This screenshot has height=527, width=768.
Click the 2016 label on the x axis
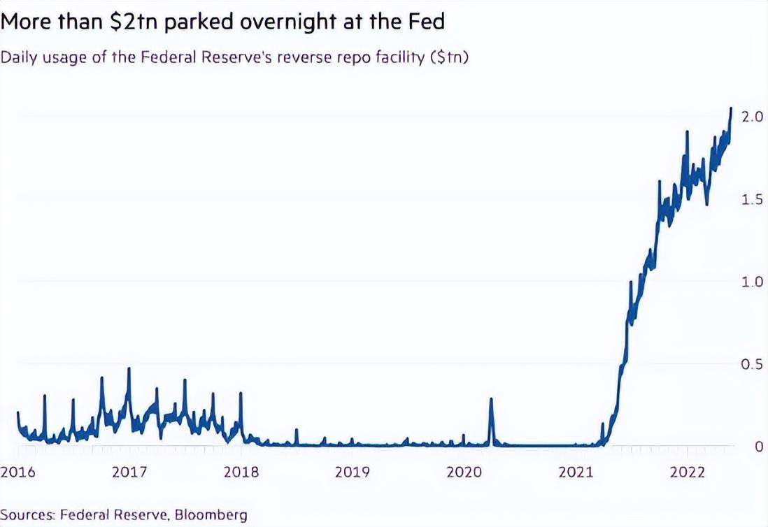pos(17,472)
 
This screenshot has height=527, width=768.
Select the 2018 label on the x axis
pos(241,472)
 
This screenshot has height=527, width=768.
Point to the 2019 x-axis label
pos(352,472)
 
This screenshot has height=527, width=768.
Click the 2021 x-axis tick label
pos(575,472)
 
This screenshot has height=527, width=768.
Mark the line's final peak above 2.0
pos(731,109)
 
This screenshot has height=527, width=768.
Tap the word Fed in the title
pos(425,22)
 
